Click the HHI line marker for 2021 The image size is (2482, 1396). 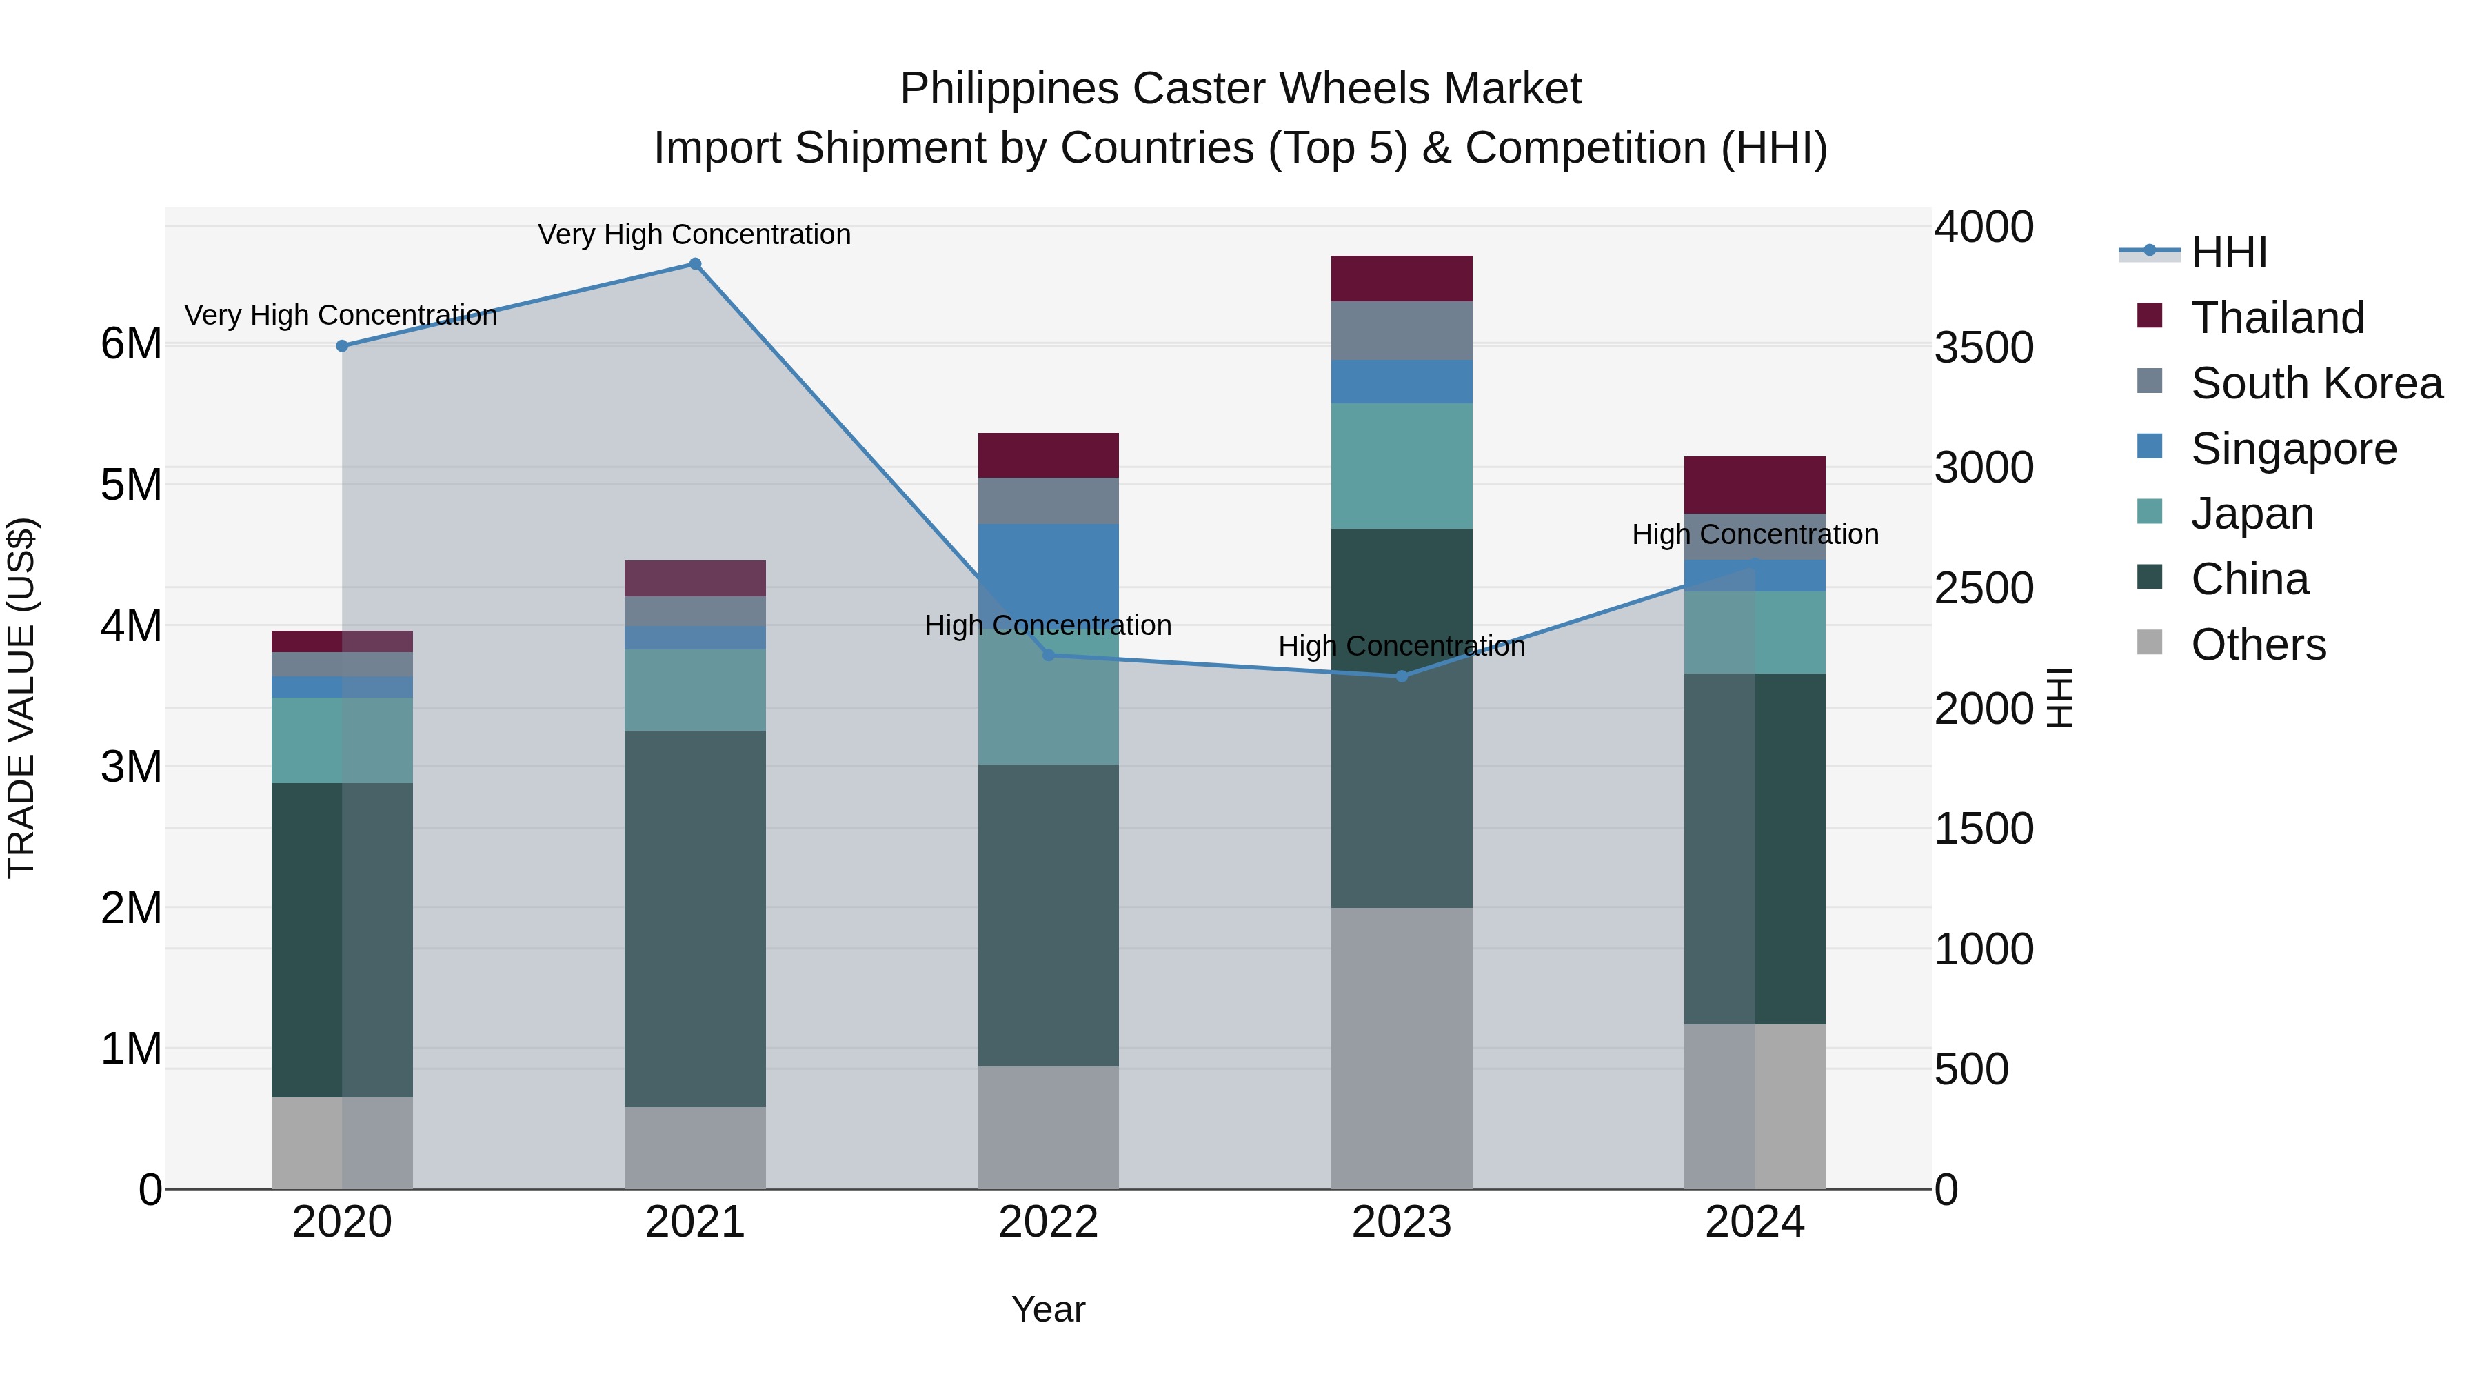695,264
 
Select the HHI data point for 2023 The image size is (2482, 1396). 1401,676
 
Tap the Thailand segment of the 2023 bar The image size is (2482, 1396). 1401,279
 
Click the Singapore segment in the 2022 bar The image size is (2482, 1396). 1048,569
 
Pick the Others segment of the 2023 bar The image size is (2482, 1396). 1401,1047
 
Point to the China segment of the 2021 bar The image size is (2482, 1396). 695,918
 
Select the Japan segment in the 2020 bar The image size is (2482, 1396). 342,740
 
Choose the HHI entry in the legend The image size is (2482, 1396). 2228,252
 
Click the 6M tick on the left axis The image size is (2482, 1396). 132,344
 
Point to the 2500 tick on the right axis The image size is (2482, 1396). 1983,587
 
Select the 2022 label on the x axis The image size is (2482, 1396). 1048,1222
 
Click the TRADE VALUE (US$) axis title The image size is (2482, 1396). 21,698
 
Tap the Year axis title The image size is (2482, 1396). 1048,1309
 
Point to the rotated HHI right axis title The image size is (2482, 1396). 2058,698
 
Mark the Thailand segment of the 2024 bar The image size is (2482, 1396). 1755,485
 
